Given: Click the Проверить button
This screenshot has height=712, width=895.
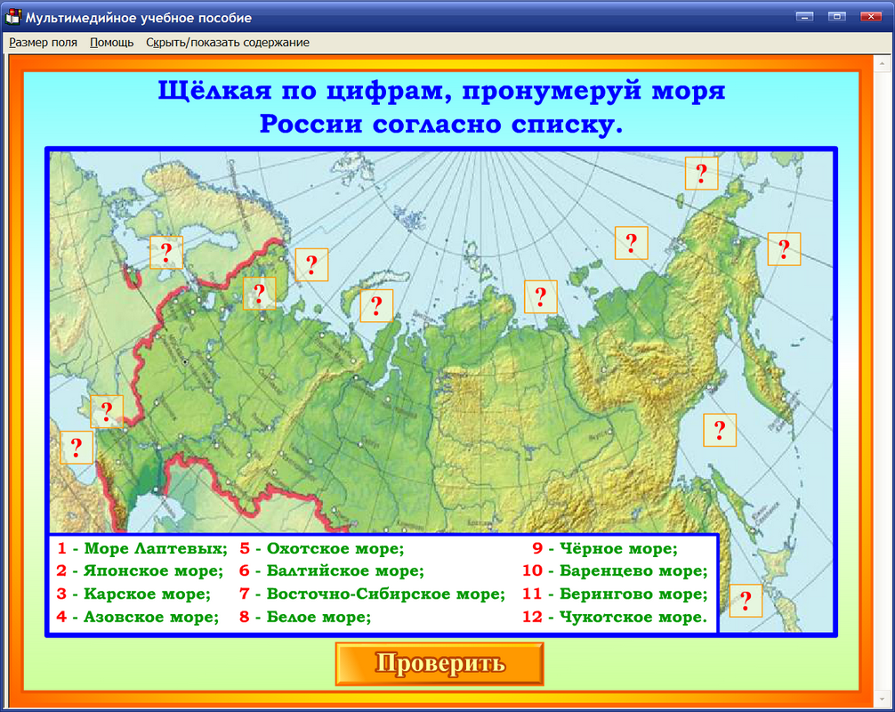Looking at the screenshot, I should tap(439, 664).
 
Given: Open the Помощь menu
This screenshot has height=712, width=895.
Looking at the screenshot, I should tap(111, 42).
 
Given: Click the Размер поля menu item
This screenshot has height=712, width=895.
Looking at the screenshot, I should tap(43, 42).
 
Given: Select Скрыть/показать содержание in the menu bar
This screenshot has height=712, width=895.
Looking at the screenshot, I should tap(228, 42).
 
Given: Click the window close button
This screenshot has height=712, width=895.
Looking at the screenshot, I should tap(867, 16).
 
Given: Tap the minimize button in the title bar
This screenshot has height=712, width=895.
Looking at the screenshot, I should tap(806, 16).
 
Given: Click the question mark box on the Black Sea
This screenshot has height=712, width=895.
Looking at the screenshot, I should tap(77, 447).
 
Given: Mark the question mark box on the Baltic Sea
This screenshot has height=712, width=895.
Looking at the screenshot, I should tap(165, 253).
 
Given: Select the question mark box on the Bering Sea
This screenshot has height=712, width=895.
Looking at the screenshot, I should tap(784, 250).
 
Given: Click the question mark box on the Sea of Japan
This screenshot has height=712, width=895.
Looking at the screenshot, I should tap(746, 601).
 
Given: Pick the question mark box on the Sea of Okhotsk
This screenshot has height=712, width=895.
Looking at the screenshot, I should tap(720, 430).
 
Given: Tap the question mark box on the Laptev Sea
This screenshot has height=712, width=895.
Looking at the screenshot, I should tap(541, 296).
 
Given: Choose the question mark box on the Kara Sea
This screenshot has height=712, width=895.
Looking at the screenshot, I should tap(376, 306).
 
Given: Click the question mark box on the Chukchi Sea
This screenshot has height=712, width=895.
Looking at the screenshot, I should tap(701, 173).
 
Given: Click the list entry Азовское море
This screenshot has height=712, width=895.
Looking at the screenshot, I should tap(149, 617).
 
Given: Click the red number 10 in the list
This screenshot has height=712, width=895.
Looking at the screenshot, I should tap(532, 570).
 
